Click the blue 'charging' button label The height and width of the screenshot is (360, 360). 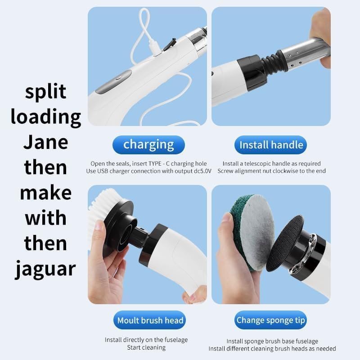[x=148, y=145]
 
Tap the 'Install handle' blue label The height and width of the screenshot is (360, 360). [x=270, y=145]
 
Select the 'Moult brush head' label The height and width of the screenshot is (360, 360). [x=150, y=320]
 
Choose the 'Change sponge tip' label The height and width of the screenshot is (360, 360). [x=270, y=320]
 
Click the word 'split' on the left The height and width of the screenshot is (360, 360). [x=45, y=91]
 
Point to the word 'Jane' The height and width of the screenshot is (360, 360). [x=45, y=142]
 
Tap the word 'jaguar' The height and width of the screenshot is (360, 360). [x=45, y=269]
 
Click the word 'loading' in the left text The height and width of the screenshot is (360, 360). [x=45, y=117]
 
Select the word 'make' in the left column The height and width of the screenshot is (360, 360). [x=45, y=193]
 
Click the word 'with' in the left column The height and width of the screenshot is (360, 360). [x=45, y=218]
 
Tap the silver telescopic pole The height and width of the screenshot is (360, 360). [x=306, y=53]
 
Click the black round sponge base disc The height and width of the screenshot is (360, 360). [x=285, y=243]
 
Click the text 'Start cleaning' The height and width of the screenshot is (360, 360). [x=146, y=347]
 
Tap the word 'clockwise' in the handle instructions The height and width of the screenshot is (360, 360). [x=285, y=171]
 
